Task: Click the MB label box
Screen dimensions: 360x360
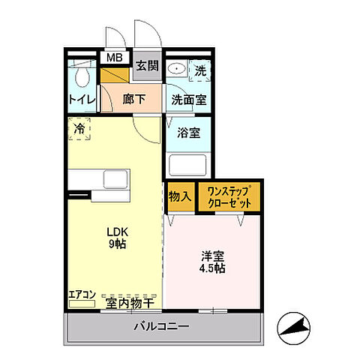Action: (114, 58)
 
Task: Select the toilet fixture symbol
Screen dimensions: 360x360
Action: (83, 76)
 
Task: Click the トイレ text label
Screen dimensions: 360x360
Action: (81, 98)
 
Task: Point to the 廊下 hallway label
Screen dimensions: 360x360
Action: (131, 97)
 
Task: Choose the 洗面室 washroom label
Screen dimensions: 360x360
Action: (187, 97)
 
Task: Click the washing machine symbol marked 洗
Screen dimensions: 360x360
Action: (199, 71)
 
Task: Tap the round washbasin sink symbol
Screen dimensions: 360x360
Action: (177, 69)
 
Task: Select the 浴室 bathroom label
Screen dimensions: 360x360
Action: (187, 133)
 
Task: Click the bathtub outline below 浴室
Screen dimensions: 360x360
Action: (188, 163)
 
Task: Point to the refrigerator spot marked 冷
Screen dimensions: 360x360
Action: (79, 128)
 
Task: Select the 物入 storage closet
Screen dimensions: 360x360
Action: (179, 196)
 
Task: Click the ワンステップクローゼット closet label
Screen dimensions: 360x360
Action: (229, 196)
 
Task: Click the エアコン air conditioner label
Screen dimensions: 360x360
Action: (81, 295)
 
